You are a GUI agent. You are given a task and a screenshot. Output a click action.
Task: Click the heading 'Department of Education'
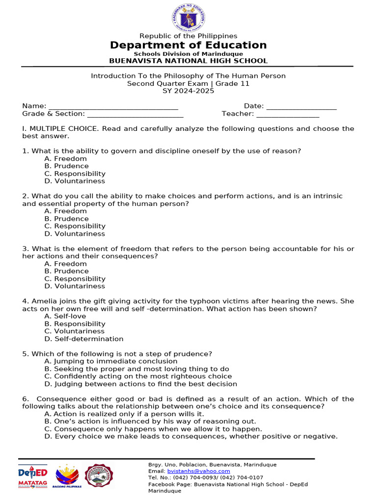click(x=188, y=45)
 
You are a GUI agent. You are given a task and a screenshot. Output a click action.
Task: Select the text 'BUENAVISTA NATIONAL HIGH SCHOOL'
click(x=188, y=61)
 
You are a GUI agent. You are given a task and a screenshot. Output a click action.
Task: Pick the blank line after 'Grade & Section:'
click(x=135, y=114)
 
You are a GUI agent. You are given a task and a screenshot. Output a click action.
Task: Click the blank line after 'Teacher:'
click(x=288, y=114)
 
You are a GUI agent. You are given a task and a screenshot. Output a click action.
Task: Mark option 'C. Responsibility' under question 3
click(x=75, y=279)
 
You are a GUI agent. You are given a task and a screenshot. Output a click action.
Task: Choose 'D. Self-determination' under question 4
click(x=83, y=339)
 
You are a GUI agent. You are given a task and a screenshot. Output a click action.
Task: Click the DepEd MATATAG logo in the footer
click(x=33, y=477)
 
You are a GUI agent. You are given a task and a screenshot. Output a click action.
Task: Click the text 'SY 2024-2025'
click(x=188, y=91)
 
